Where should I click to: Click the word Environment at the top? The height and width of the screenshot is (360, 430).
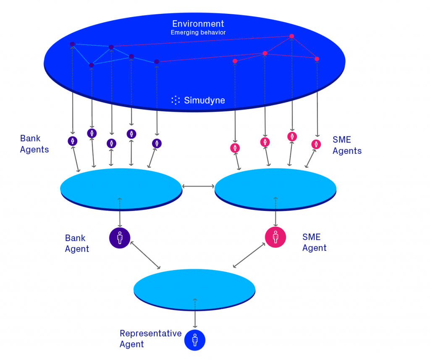click(x=198, y=24)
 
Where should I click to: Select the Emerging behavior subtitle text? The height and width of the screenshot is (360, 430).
click(x=198, y=32)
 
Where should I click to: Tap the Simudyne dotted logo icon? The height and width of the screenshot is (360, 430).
click(x=176, y=100)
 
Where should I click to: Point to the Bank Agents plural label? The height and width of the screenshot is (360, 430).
click(x=34, y=144)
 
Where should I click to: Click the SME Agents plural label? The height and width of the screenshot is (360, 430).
click(x=347, y=145)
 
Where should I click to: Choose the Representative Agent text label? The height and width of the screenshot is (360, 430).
click(x=150, y=339)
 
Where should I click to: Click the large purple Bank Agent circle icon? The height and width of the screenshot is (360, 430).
click(x=120, y=238)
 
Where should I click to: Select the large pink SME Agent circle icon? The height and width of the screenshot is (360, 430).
click(x=275, y=237)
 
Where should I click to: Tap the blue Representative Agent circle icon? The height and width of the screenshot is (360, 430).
click(x=195, y=340)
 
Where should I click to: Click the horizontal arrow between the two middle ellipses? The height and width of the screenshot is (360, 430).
click(x=198, y=186)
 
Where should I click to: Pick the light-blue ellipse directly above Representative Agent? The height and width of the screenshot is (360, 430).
click(x=194, y=288)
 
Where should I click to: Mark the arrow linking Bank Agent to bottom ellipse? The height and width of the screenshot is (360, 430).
click(x=146, y=255)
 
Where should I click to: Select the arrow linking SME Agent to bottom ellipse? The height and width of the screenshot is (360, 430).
click(x=248, y=255)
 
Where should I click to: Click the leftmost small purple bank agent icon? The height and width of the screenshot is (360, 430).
click(x=73, y=141)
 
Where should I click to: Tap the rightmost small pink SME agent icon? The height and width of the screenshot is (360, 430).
click(x=316, y=144)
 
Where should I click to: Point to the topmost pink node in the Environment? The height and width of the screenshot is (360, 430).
click(x=291, y=36)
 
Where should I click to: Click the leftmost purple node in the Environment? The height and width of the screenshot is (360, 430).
click(x=72, y=44)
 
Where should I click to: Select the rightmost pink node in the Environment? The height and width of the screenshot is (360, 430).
click(x=317, y=59)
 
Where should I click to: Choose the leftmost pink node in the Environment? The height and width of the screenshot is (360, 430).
click(x=235, y=61)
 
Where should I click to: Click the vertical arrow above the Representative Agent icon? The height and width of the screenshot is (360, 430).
click(x=195, y=313)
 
